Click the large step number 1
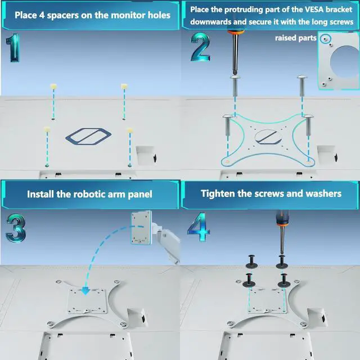(x=13, y=48)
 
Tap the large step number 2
(x=200, y=47)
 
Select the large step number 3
(x=16, y=228)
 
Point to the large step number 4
(x=199, y=227)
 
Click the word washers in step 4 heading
(x=323, y=193)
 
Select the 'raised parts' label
(x=295, y=38)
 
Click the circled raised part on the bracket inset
(x=325, y=39)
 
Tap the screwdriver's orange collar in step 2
(x=236, y=31)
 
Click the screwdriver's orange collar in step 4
(x=283, y=223)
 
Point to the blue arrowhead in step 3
(x=85, y=291)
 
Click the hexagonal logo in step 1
(x=88, y=137)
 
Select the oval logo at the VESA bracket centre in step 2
(x=268, y=137)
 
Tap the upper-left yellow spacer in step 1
(x=53, y=87)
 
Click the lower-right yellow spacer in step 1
(x=130, y=130)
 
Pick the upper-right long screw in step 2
(x=301, y=86)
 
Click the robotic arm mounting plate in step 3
(x=141, y=227)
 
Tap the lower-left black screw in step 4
(x=249, y=280)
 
